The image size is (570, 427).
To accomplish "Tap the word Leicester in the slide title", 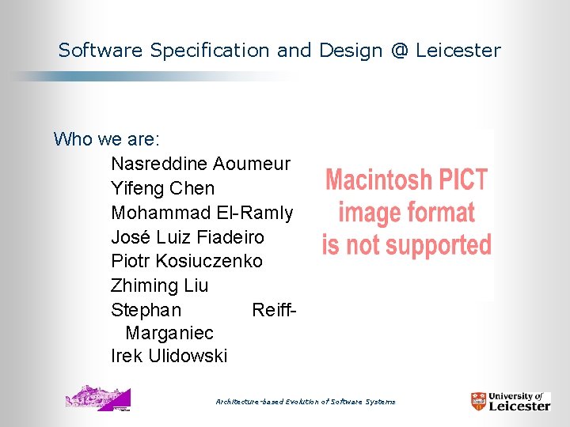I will tap(458, 51).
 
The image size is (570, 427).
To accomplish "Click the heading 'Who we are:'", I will tap(107, 140).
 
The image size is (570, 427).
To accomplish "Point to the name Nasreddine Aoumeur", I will tap(200, 164).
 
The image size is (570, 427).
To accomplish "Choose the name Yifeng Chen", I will tap(162, 188).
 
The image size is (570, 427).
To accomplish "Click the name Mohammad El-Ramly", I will tap(202, 213).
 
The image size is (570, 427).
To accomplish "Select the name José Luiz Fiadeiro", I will tap(188, 237).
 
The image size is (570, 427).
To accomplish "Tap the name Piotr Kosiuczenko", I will tap(187, 261).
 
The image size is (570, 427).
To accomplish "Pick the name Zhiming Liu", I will tap(160, 285).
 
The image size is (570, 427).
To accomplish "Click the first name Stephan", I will tap(146, 310).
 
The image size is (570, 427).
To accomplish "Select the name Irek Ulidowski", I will tap(169, 357).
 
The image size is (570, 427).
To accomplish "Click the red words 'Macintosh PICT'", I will tap(407, 179).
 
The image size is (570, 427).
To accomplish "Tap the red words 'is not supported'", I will tap(407, 245).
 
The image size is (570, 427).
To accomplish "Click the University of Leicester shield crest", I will tap(479, 402).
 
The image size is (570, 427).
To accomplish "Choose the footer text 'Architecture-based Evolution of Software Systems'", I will tap(306, 402).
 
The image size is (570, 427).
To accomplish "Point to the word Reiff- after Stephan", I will tap(274, 310).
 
